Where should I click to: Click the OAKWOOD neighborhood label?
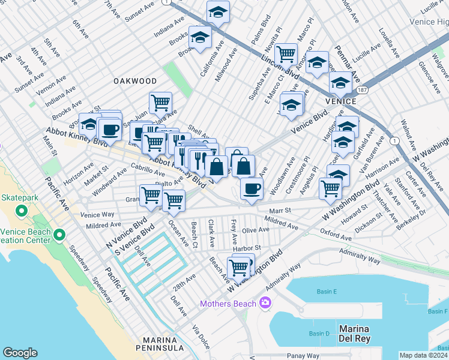click(135, 81)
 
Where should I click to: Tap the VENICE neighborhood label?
click(340, 101)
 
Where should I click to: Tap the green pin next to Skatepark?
click(21, 211)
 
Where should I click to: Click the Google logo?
click(20, 352)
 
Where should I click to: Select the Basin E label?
click(327, 292)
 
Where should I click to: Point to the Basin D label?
click(319, 334)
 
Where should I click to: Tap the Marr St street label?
click(280, 211)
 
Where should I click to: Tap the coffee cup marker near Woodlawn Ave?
click(252, 188)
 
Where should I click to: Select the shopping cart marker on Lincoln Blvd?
click(286, 54)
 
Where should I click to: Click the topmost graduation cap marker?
click(218, 11)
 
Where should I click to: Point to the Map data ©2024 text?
click(424, 355)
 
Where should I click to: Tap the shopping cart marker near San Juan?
click(160, 102)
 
